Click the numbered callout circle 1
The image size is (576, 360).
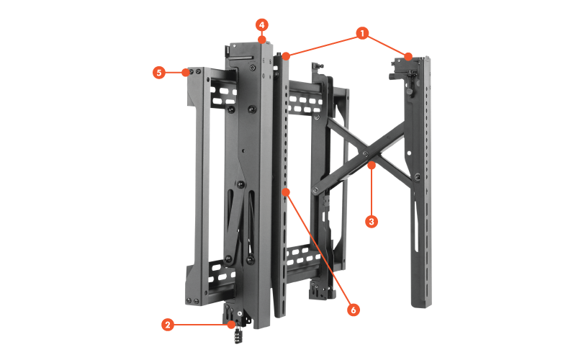362,33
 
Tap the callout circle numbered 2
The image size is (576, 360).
168,325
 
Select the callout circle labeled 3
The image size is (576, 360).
372,222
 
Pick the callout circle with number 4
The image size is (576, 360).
261,25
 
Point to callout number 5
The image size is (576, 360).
159,73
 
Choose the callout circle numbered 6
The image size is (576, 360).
354,310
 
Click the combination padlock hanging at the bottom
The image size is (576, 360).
238,335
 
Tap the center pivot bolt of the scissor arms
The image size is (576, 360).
366,153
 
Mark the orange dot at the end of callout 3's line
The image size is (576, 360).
372,166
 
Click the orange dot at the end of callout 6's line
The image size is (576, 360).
286,192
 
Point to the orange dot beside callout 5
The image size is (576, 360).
186,73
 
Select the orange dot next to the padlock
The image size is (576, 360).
230,325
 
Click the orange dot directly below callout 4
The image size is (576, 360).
262,40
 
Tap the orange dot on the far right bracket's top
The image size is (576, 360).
408,57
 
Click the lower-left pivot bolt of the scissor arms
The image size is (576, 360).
315,190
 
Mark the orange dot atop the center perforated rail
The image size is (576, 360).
286,56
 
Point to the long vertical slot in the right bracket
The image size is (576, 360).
416,226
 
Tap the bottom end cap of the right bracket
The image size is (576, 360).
421,302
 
